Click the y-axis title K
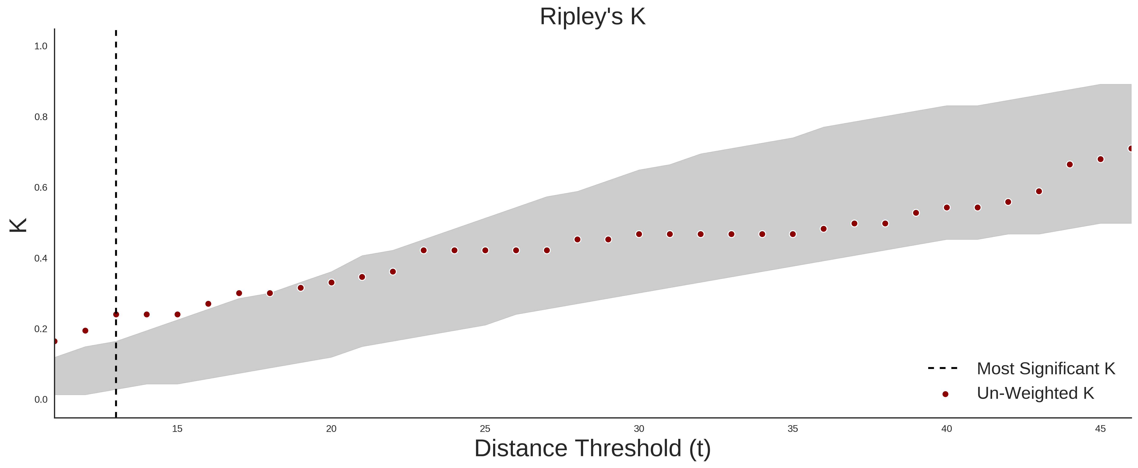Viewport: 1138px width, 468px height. (x=18, y=225)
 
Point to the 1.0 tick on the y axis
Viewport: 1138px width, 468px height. (x=41, y=46)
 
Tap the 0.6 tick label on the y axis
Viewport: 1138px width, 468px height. (x=41, y=188)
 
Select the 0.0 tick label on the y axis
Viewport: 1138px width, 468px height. (x=41, y=399)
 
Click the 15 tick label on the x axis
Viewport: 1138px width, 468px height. (x=177, y=429)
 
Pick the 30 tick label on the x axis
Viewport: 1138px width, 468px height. (x=639, y=429)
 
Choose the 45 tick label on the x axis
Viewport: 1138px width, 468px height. (x=1100, y=429)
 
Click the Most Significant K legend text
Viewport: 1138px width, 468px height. (x=1046, y=369)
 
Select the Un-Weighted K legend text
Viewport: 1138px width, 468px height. (x=1035, y=393)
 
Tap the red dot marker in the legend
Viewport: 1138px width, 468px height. (x=945, y=394)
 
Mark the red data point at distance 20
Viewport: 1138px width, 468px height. (x=331, y=283)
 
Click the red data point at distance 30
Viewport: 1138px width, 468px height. (x=639, y=234)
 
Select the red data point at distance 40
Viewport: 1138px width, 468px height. (x=947, y=208)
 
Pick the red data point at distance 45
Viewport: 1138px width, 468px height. (x=1100, y=159)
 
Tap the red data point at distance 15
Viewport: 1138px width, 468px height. (x=177, y=314)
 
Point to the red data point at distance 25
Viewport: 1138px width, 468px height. (x=485, y=250)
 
